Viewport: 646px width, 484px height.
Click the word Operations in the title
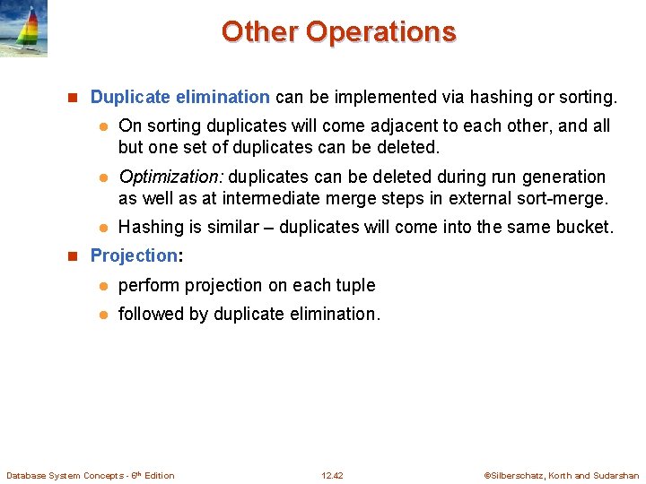pyautogui.click(x=380, y=31)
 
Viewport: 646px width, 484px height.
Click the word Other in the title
pyautogui.click(x=259, y=31)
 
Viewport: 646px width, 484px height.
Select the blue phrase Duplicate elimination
pyautogui.click(x=179, y=97)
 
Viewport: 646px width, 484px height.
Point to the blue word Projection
pyautogui.click(x=134, y=255)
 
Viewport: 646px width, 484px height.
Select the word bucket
pyautogui.click(x=587, y=227)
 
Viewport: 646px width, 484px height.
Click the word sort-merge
pyautogui.click(x=564, y=198)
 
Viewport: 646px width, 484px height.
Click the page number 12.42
pyautogui.click(x=332, y=475)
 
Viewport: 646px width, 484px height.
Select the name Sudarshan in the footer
pyautogui.click(x=616, y=475)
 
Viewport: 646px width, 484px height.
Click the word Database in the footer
pyautogui.click(x=28, y=475)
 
